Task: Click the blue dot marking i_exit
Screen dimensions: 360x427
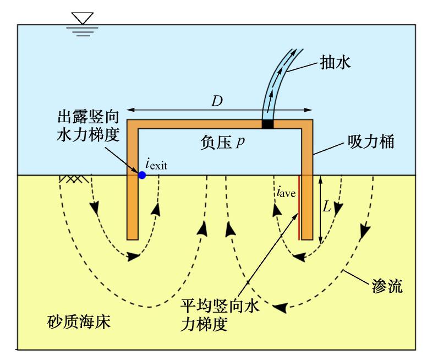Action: pyautogui.click(x=142, y=175)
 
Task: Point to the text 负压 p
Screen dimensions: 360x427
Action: pyautogui.click(x=222, y=143)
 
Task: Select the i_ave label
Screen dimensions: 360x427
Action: pyautogui.click(x=286, y=192)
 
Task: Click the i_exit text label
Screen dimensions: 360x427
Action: pyautogui.click(x=156, y=162)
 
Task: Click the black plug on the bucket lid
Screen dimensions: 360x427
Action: pyautogui.click(x=267, y=124)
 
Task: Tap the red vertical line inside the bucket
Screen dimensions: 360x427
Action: pyautogui.click(x=299, y=208)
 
